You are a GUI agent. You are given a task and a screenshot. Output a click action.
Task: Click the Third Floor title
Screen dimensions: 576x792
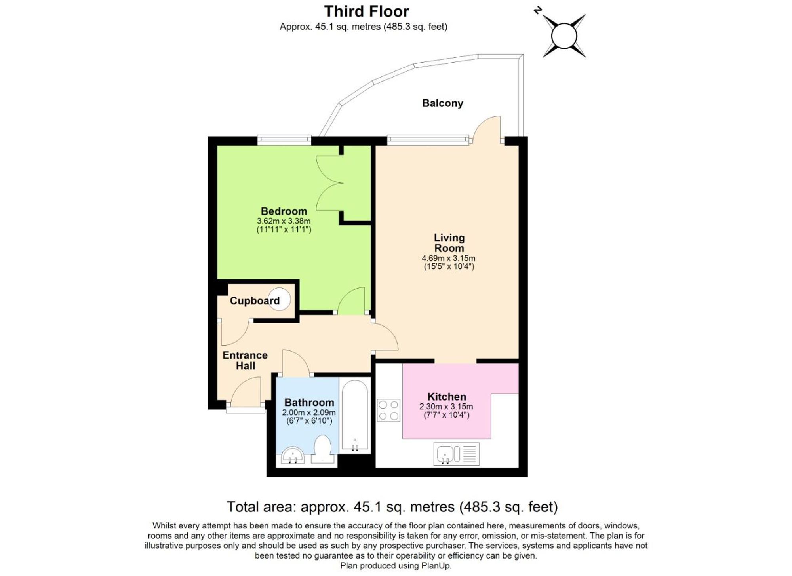click(x=366, y=11)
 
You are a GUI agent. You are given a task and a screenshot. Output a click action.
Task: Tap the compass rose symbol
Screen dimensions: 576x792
click(x=564, y=36)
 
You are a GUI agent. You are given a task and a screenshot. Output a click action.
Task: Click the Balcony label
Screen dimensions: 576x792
click(x=442, y=103)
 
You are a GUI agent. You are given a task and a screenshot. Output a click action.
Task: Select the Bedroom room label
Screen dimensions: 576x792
click(x=284, y=211)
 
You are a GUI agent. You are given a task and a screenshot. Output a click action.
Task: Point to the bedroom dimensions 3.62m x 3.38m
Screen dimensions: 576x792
click(x=284, y=221)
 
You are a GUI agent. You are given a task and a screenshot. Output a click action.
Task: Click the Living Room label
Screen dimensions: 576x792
click(x=449, y=243)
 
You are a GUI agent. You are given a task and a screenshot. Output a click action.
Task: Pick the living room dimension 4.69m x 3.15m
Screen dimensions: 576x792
click(x=448, y=258)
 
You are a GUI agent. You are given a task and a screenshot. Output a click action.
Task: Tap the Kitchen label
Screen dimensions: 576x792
click(x=446, y=397)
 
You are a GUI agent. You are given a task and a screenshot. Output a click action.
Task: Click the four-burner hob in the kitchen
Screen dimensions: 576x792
click(x=388, y=411)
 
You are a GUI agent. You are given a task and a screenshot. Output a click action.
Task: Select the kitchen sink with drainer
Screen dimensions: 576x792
click(x=456, y=454)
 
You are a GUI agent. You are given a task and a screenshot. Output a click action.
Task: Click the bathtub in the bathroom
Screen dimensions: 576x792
click(x=355, y=416)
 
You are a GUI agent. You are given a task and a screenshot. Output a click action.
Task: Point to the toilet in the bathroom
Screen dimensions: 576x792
click(x=322, y=449)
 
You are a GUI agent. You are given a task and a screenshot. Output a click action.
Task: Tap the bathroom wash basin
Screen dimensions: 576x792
click(x=293, y=455)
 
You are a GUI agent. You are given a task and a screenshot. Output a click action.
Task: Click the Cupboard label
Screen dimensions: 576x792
click(x=254, y=301)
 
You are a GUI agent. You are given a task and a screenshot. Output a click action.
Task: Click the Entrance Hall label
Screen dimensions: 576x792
click(x=245, y=360)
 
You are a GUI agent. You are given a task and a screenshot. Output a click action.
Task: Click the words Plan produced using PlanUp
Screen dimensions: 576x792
click(x=396, y=566)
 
